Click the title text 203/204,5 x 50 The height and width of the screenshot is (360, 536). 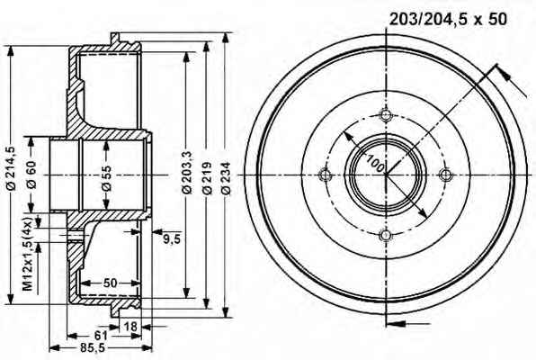[x=448, y=19]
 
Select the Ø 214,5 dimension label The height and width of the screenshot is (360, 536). [x=12, y=167]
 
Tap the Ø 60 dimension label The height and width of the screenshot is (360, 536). [x=31, y=175]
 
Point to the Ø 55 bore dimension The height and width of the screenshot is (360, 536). [x=107, y=177]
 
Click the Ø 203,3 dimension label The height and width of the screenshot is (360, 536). [x=187, y=173]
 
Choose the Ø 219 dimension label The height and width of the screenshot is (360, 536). [x=207, y=178]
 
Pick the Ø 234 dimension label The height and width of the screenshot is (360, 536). [x=226, y=178]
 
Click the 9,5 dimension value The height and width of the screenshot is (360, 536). [x=171, y=239]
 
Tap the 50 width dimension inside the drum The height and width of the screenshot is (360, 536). [x=110, y=283]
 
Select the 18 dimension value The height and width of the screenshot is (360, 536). [x=130, y=327]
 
